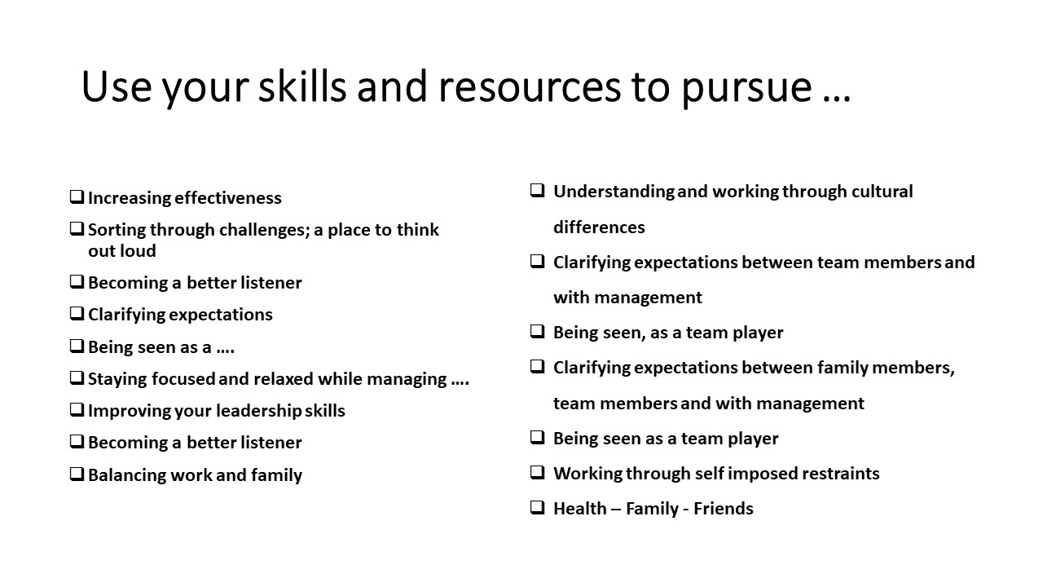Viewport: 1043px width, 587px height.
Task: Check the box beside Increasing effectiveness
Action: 77,196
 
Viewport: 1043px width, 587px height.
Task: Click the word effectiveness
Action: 228,198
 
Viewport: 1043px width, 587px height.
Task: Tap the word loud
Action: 138,251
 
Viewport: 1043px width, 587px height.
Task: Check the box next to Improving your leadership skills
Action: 77,409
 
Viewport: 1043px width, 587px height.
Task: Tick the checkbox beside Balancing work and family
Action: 77,474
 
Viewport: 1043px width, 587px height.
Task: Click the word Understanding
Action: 614,192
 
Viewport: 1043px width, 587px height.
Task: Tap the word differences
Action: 599,227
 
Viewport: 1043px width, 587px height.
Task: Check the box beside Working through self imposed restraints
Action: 537,472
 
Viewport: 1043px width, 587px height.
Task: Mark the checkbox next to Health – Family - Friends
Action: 537,507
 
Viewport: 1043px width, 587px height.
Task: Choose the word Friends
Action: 724,509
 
